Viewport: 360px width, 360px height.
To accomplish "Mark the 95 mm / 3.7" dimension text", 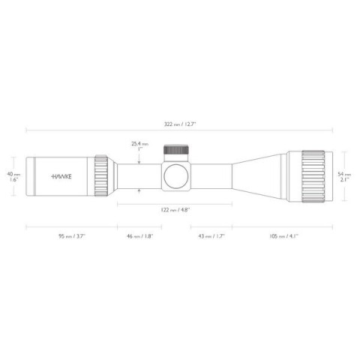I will click(71, 235).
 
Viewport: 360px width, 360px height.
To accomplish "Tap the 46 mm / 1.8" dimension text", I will click(139, 235).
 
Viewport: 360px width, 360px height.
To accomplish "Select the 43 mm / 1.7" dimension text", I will click(209, 235).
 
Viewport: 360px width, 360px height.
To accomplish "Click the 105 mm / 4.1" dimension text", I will click(283, 235).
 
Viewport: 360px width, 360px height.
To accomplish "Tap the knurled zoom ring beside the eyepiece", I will click(101, 177).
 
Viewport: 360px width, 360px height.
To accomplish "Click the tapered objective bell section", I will click(259, 177).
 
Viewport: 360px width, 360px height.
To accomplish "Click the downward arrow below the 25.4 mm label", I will click(139, 158).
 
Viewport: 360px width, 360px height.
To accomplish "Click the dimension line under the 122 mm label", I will click(174, 203).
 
